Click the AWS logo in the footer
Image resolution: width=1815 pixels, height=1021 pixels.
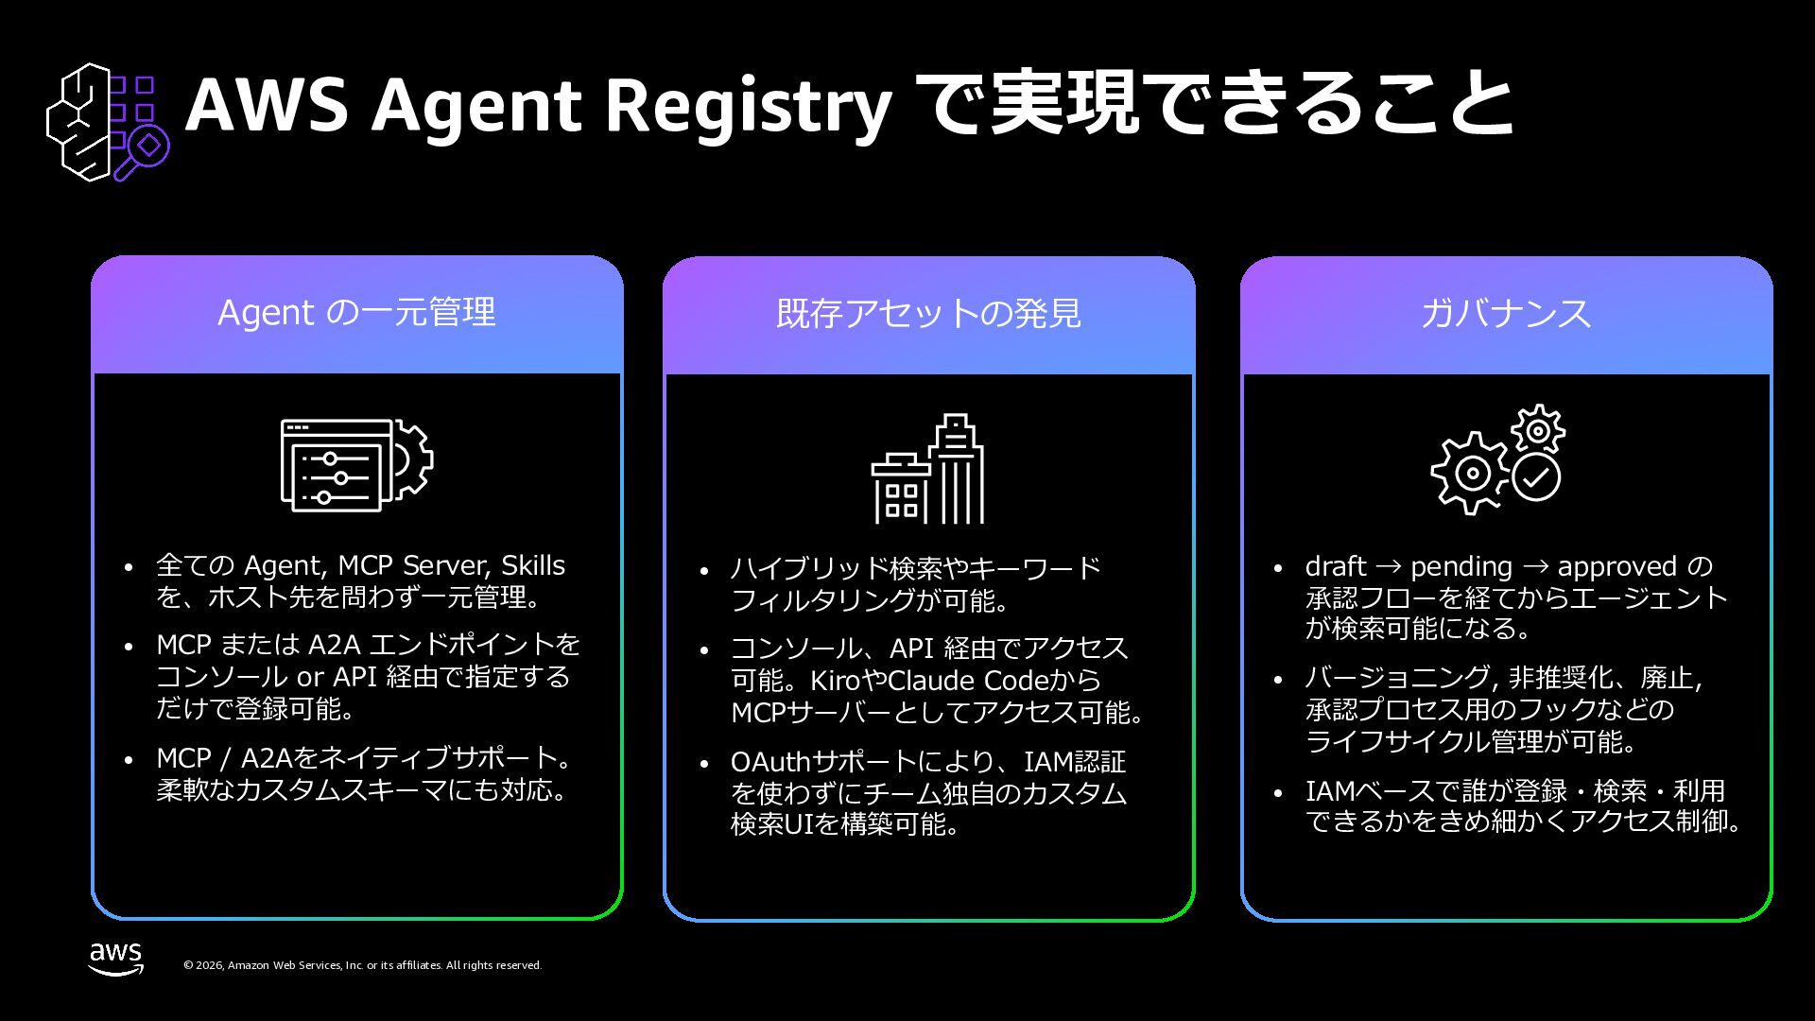coord(116,958)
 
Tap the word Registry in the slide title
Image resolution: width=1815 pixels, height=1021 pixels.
coord(747,106)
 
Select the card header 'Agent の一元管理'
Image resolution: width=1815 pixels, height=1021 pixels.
coord(357,313)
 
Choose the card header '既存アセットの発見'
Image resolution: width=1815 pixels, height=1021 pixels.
coord(928,314)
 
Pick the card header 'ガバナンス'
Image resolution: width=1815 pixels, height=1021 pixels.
coord(1506,314)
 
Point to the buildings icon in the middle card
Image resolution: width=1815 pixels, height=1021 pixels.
coord(928,469)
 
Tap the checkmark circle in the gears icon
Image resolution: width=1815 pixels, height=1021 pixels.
coord(1536,477)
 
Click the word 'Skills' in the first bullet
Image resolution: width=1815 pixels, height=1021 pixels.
coord(532,565)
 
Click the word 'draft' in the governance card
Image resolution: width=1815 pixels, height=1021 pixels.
coord(1336,566)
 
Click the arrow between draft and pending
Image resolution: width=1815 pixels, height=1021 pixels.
coord(1389,567)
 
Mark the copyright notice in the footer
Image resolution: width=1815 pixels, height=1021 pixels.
coord(362,965)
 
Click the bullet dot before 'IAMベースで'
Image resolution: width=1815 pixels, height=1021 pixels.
coord(1278,792)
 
